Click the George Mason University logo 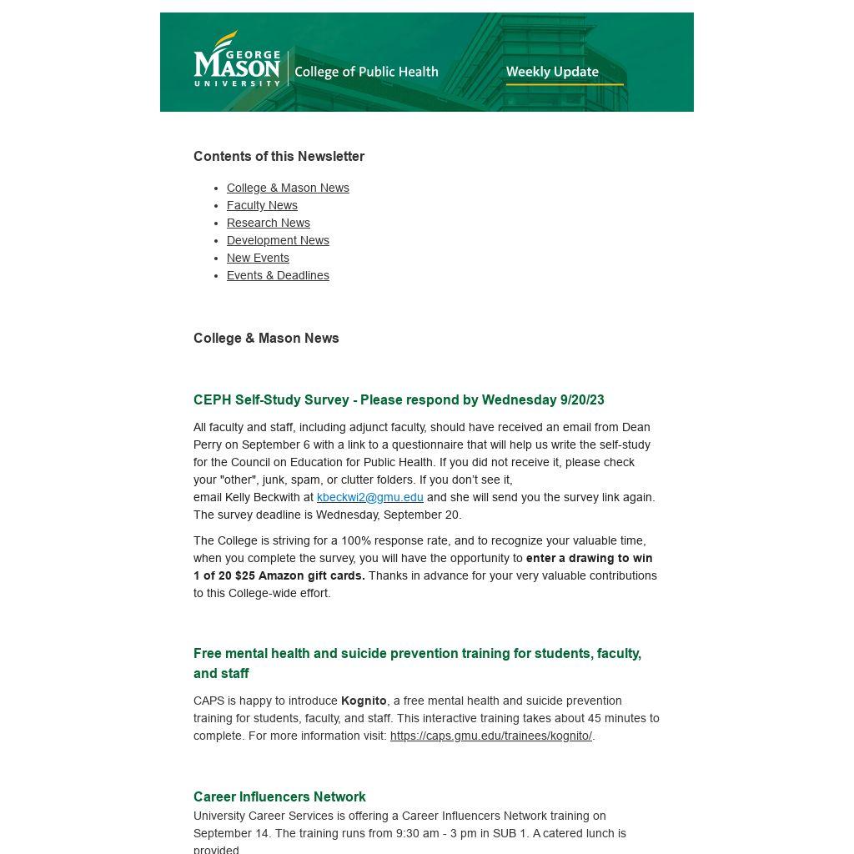click(x=237, y=59)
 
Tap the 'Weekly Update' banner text click(x=552, y=72)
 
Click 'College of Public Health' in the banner click(x=366, y=72)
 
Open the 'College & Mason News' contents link click(x=288, y=188)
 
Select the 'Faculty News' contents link click(x=262, y=205)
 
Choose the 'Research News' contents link click(x=269, y=223)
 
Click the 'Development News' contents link click(x=278, y=240)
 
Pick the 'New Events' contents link click(x=258, y=258)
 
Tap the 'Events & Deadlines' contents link click(x=278, y=275)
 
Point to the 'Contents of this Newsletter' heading click(x=279, y=156)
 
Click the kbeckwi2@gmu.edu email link click(x=369, y=497)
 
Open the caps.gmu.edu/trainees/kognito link click(x=490, y=736)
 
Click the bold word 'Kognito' click(x=364, y=701)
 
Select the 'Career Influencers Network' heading click(x=279, y=796)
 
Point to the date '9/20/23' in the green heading click(x=582, y=399)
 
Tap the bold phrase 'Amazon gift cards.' click(x=312, y=575)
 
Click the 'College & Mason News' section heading click(x=266, y=338)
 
